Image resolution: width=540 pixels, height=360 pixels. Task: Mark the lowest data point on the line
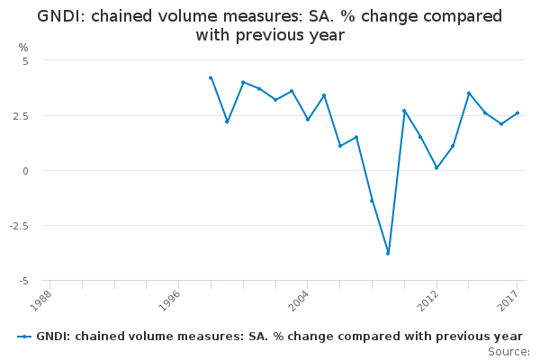(x=388, y=253)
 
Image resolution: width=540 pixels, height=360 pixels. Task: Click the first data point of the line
(x=211, y=78)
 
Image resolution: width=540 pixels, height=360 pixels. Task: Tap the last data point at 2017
(x=517, y=113)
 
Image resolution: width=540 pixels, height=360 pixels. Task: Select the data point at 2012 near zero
(x=436, y=167)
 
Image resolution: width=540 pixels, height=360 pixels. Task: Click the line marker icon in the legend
(x=24, y=336)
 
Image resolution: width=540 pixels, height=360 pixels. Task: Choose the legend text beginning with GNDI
(x=279, y=336)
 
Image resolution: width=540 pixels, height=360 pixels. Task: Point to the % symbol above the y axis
(x=23, y=47)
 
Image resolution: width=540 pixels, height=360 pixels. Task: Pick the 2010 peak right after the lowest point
(x=404, y=111)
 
